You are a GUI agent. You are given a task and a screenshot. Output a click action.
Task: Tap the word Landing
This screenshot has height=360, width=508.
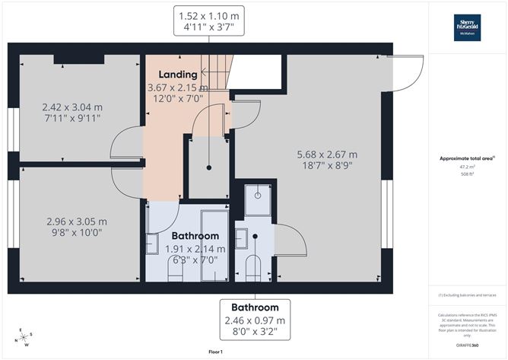(x=178, y=75)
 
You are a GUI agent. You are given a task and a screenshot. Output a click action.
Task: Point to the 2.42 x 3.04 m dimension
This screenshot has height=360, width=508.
(x=73, y=113)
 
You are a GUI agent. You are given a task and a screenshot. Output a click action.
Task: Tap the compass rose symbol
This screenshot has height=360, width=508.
(x=24, y=335)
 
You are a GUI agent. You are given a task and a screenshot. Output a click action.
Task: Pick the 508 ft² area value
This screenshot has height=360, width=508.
(x=468, y=173)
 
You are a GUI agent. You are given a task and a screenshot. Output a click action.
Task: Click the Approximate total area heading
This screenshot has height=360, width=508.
(x=467, y=158)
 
